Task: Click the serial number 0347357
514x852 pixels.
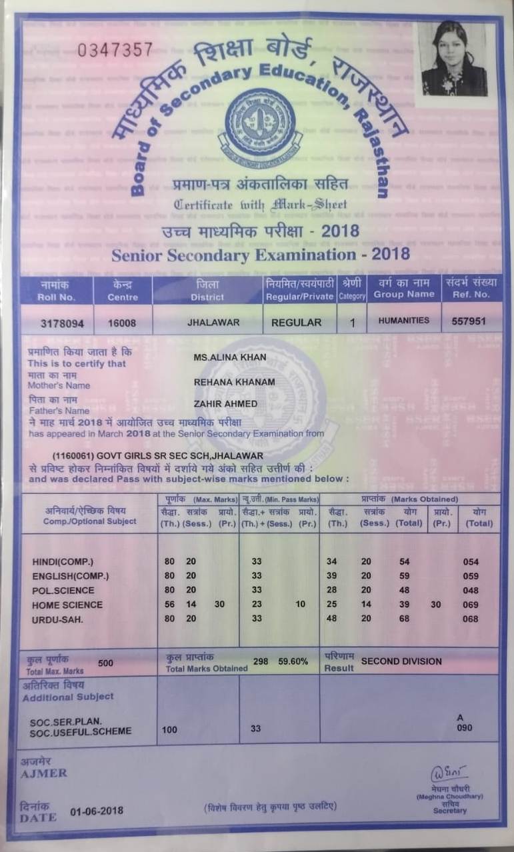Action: pos(115,50)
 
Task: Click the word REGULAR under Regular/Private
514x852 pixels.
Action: pos(296,322)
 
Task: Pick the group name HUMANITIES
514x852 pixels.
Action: pos(404,321)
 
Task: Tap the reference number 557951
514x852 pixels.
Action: pos(469,321)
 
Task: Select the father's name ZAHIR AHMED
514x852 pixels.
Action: pos(225,404)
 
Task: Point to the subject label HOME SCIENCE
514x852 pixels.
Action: pos(67,605)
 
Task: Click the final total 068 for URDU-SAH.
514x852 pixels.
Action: pos(471,619)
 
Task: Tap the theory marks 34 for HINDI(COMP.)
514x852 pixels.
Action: pos(332,561)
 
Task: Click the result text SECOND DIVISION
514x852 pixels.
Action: pos(401,661)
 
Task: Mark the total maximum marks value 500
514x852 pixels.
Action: pos(105,663)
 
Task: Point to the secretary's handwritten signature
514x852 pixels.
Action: pos(446,774)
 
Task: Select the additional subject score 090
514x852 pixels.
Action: pos(464,729)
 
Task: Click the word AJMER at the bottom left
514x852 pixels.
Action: pos(44,773)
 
